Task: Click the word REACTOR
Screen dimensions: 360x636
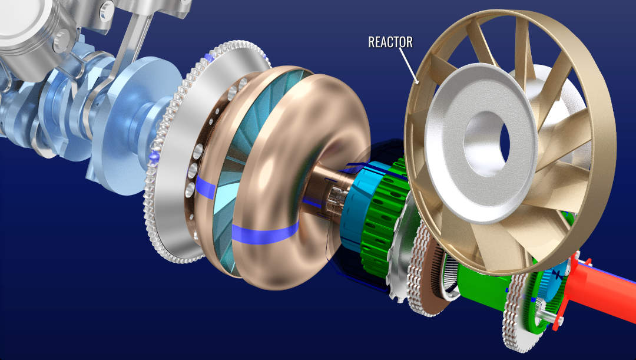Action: [390, 42]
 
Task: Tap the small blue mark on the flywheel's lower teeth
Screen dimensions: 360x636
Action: [155, 157]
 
